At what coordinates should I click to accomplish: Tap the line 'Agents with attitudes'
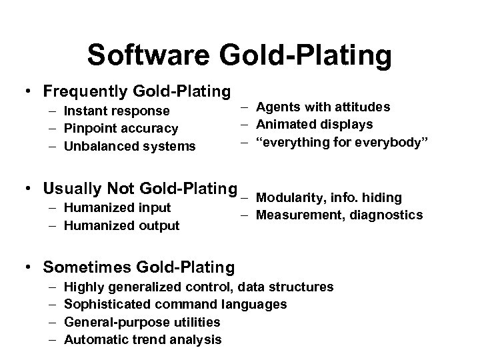[x=323, y=107]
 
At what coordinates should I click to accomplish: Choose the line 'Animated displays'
[x=314, y=125]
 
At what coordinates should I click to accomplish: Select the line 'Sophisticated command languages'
[x=176, y=305]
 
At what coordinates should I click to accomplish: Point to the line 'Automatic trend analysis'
[x=143, y=339]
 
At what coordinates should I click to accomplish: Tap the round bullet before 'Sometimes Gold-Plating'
[x=30, y=268]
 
